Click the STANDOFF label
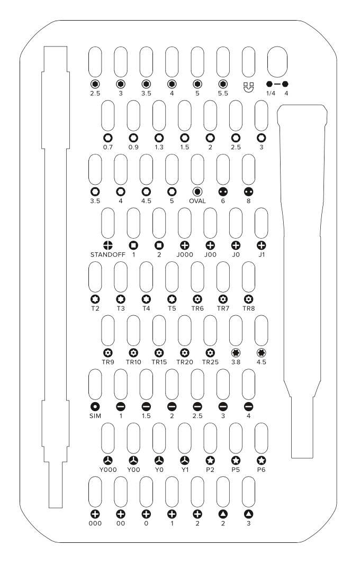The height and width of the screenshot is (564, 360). pos(107,254)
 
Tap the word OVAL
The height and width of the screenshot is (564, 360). pos(197,201)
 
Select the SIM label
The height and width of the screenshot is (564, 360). pos(95,416)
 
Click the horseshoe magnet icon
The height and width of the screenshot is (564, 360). pos(248,87)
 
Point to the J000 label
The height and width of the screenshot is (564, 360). pos(185,254)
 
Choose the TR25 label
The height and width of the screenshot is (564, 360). pos(210,362)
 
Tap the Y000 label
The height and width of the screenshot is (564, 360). pos(108,469)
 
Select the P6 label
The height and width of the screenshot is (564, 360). pos(262,469)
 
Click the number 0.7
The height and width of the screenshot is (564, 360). pos(108,147)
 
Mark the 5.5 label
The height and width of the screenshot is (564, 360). pos(223,93)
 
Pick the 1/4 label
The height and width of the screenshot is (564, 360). pos(271,93)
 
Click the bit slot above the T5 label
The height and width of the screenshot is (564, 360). pos(172,277)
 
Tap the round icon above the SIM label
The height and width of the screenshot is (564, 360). pos(95,406)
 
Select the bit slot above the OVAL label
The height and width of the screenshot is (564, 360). pos(197,169)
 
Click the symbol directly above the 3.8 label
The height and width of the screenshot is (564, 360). pos(236,352)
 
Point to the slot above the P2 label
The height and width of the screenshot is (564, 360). pos(210,438)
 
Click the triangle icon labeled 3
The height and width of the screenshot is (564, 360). pos(248,514)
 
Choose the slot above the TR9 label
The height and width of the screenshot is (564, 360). pos(108,331)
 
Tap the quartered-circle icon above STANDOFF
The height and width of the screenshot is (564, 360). pos(108,245)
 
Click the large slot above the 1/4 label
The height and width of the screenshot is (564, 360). pos(277,61)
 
